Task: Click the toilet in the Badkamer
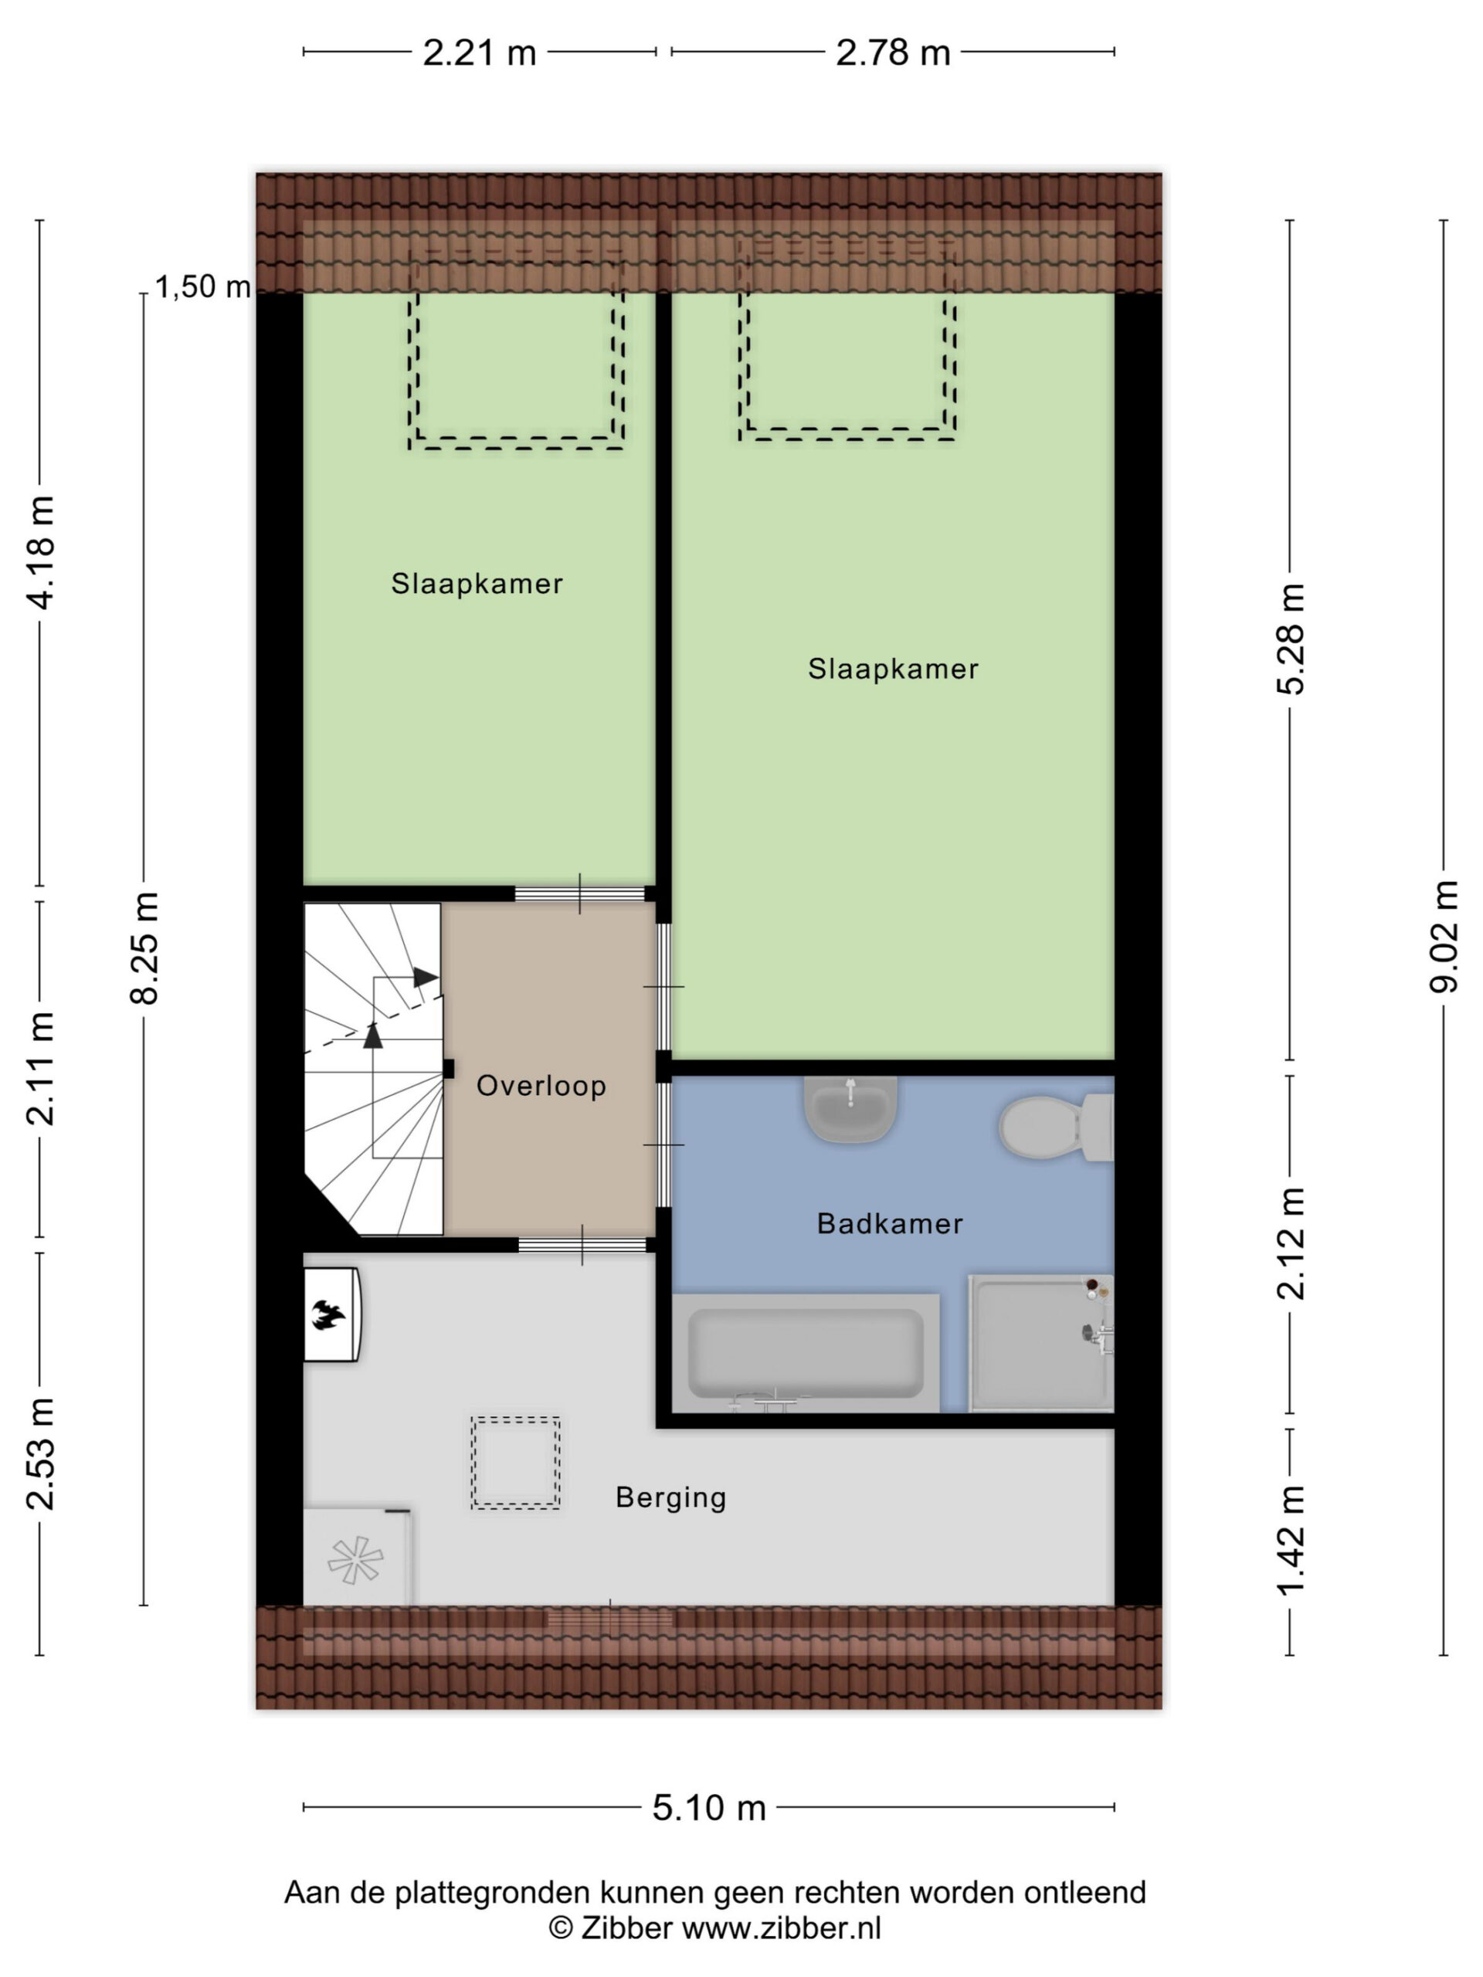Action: (x=1056, y=1126)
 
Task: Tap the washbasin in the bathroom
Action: (x=850, y=1108)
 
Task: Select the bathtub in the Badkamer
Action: (x=806, y=1353)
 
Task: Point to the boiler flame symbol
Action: (x=328, y=1314)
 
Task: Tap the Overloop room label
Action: (x=541, y=1086)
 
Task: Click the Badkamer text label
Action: (x=890, y=1223)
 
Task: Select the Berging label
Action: (x=670, y=1497)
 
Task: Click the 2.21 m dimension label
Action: (x=479, y=53)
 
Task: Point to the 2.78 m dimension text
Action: (x=892, y=53)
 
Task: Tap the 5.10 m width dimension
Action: (x=709, y=1807)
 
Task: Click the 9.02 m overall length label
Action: (x=1444, y=938)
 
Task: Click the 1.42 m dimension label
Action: (x=1290, y=1540)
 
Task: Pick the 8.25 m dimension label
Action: (x=144, y=948)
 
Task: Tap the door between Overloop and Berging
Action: (x=582, y=1244)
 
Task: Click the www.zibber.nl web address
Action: (x=782, y=1928)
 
